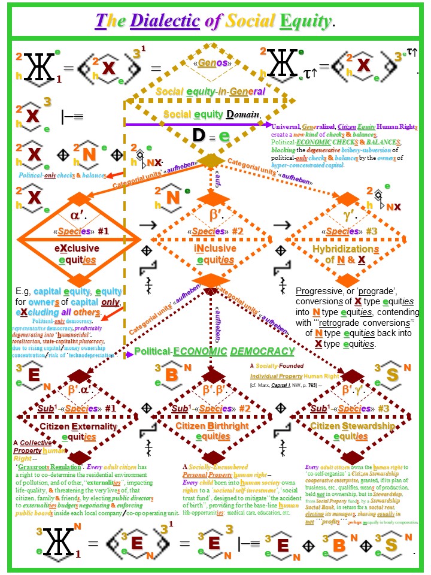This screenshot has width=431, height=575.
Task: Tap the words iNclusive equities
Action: click(210, 253)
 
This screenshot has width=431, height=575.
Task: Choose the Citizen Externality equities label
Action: click(75, 432)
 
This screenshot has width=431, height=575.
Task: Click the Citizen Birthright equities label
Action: click(211, 432)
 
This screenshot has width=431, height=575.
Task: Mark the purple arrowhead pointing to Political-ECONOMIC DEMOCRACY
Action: click(130, 355)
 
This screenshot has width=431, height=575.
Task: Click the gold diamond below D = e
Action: click(211, 161)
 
